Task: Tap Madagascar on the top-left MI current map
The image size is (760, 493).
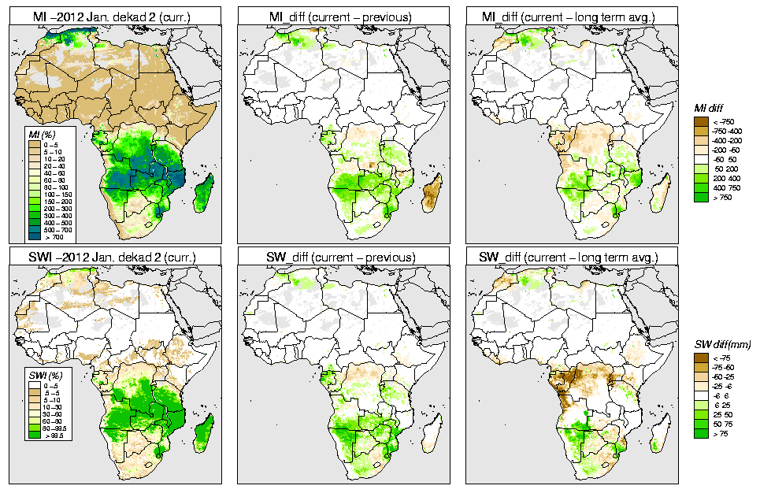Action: click(203, 194)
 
